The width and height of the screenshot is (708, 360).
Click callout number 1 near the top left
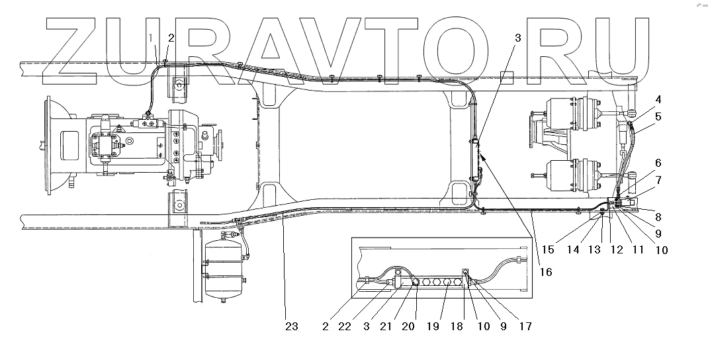(x=152, y=38)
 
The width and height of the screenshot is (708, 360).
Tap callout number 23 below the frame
(x=292, y=326)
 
